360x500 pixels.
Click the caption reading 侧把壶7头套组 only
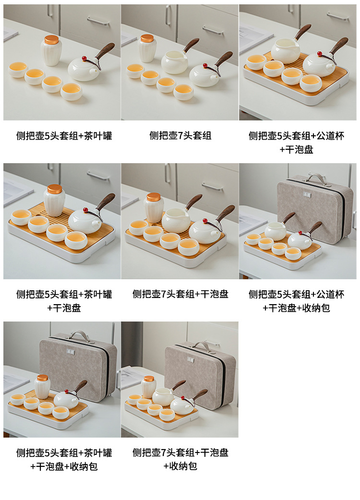pyautogui.click(x=180, y=135)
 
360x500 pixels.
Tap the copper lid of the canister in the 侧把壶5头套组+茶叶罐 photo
pyautogui.click(x=51, y=39)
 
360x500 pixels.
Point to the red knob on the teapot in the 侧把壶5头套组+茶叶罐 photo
pyautogui.click(x=85, y=59)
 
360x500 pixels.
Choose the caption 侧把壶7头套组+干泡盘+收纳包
pyautogui.click(x=180, y=459)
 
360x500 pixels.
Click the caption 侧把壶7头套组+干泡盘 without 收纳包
pyautogui.click(x=180, y=294)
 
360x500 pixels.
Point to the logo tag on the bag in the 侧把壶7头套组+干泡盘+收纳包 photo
pyautogui.click(x=191, y=359)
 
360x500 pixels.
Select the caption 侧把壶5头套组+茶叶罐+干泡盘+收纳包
pyautogui.click(x=64, y=460)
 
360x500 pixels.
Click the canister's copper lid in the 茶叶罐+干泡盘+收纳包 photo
pyautogui.click(x=42, y=378)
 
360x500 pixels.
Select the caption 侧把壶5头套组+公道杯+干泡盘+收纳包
pyautogui.click(x=296, y=301)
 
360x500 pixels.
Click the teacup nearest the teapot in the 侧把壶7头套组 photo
pyautogui.click(x=183, y=92)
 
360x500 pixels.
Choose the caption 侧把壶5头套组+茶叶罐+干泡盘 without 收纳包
pyautogui.click(x=64, y=301)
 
